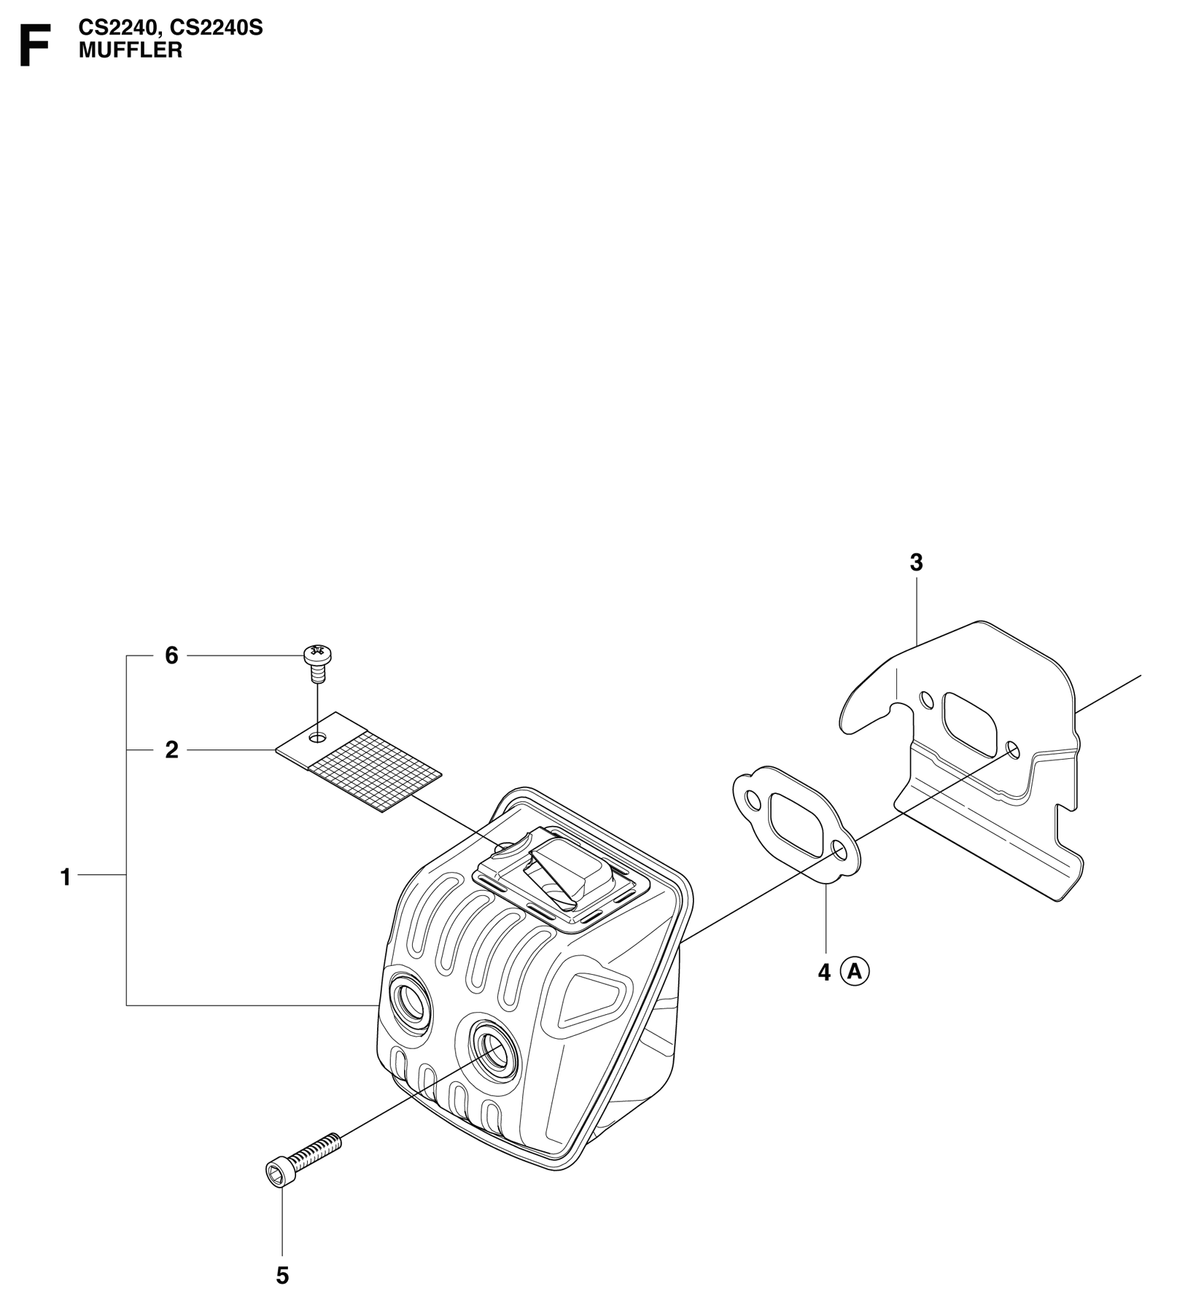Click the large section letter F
pos(34,45)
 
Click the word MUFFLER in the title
pos(131,50)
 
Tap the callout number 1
pos(66,877)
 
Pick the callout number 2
pos(172,749)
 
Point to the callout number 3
pos(917,563)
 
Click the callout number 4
pos(824,973)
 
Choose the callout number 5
pos(282,1276)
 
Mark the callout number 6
pos(172,656)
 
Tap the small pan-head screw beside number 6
pos(317,663)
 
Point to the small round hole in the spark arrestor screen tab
pos(317,739)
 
